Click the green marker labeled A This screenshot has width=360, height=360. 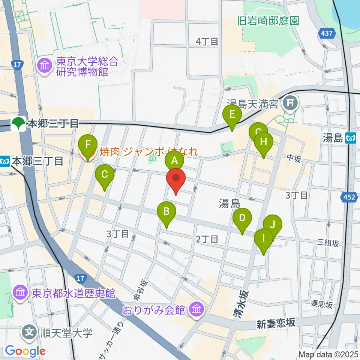(174, 161)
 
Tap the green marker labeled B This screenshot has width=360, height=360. (167, 212)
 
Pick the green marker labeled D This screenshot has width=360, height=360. (242, 218)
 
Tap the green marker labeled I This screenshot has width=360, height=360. (264, 239)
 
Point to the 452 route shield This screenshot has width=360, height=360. (349, 196)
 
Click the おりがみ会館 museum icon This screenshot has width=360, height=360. (196, 309)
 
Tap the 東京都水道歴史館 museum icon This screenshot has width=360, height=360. (19, 293)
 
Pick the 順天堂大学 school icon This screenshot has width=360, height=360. (30, 332)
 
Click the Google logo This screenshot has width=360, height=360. (25, 351)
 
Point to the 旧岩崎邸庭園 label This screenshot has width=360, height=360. (268, 21)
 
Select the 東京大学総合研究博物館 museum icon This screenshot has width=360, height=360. (45, 66)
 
